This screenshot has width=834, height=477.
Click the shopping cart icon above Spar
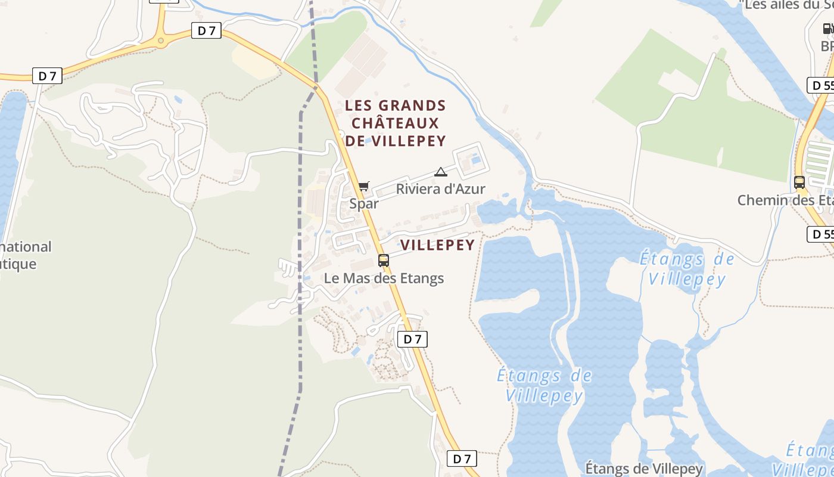[364, 186]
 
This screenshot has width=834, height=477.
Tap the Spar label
[364, 203]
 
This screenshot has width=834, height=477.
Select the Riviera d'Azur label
[441, 189]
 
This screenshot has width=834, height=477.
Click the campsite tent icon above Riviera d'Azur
[441, 172]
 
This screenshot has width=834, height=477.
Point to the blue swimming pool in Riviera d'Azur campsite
[475, 159]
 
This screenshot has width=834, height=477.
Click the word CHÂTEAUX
[395, 123]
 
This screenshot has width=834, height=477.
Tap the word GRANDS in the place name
[413, 106]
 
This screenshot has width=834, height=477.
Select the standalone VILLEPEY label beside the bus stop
[438, 245]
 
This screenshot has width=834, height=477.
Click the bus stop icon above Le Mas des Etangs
[384, 261]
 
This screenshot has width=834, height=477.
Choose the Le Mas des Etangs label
[384, 278]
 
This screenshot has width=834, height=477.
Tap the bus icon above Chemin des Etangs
[799, 182]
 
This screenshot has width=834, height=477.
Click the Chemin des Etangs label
[785, 200]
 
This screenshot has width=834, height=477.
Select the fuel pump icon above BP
[827, 28]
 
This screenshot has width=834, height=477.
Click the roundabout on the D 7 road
[160, 40]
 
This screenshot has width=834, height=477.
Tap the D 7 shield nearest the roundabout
[206, 30]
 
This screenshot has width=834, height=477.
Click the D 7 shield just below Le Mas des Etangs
[412, 339]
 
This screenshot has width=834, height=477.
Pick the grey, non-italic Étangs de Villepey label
[645, 468]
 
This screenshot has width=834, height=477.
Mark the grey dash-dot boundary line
[300, 238]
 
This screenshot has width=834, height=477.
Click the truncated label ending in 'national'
[26, 246]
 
